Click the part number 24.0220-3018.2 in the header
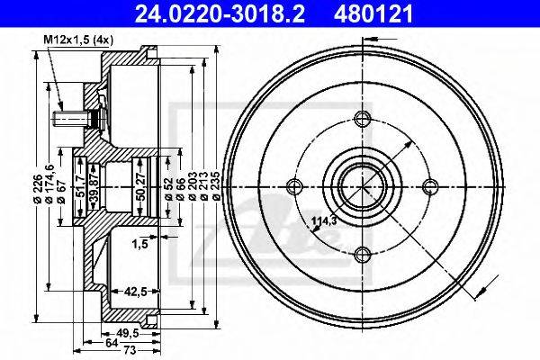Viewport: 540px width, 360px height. pos(220,13)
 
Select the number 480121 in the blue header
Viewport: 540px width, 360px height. pos(373,13)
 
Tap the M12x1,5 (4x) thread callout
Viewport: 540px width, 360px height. pos(78,40)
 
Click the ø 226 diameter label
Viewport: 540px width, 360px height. pos(38,188)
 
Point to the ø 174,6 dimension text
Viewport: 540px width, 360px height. pos(49,184)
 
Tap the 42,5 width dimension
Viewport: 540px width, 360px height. pos(135,292)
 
